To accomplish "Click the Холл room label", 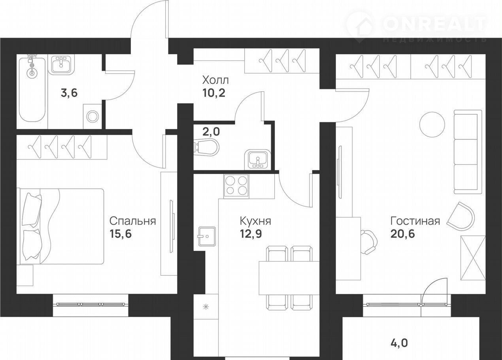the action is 215,80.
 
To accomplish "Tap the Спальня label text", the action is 133,221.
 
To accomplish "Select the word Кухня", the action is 255,221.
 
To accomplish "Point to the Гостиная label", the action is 415,221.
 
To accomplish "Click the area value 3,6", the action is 69,93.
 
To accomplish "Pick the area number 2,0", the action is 211,132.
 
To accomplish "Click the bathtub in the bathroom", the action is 32,89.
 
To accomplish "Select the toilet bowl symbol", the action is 206,147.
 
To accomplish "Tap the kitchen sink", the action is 207,237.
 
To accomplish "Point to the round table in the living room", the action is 432,125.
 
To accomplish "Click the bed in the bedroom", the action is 60,226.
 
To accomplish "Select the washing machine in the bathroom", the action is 92,116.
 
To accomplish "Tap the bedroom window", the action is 91,304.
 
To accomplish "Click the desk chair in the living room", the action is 369,242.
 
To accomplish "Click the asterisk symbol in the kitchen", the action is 206,307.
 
